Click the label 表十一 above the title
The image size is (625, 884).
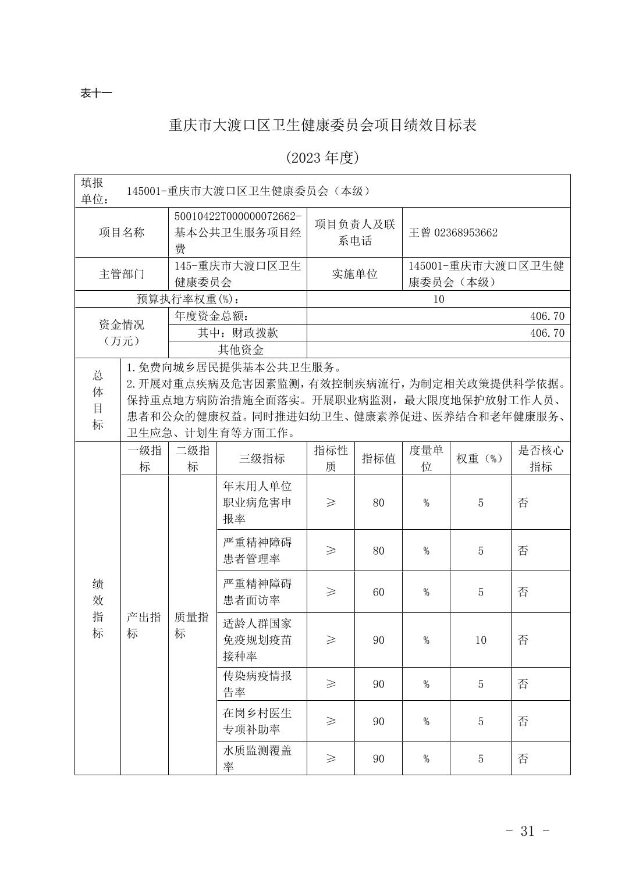pos(95,93)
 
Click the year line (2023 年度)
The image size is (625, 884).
pos(322,158)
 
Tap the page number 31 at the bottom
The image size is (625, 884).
pos(527,831)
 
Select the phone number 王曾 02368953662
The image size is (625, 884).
pos(453,233)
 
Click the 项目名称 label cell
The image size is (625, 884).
pos(121,233)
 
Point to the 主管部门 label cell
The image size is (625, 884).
pos(121,274)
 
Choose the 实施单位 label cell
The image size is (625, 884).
pos(354,274)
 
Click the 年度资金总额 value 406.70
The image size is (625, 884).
pos(547,316)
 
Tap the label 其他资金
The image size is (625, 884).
pos(240,350)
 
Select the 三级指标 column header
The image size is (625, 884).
pos(261,458)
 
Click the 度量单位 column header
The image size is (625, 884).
pos(426,458)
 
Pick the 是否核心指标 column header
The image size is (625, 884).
pos(540,458)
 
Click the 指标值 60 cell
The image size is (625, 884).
pos(378,592)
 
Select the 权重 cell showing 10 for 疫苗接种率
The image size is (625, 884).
pos(481,640)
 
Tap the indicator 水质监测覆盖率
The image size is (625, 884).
pos(257,758)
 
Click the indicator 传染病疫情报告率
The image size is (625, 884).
pos(257,684)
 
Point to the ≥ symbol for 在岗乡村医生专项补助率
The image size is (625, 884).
pos(331,721)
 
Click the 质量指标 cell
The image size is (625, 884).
pos(192,625)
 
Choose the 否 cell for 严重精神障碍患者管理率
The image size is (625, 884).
pos(523,550)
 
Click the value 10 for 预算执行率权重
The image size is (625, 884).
pos(438,300)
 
